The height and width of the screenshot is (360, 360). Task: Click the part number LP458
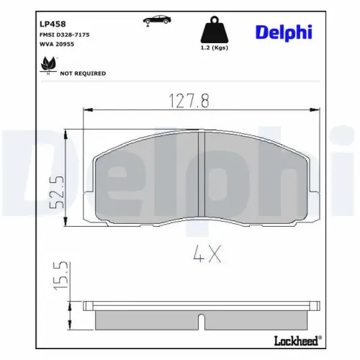[49, 22]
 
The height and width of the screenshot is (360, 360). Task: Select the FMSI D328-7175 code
[64, 34]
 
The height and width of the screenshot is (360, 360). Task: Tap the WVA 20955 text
[56, 45]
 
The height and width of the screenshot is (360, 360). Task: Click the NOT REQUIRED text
[83, 73]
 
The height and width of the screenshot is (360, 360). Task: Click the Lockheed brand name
[295, 339]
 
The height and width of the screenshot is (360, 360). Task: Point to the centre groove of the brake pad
[202, 176]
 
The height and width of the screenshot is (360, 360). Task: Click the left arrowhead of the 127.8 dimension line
[89, 109]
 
